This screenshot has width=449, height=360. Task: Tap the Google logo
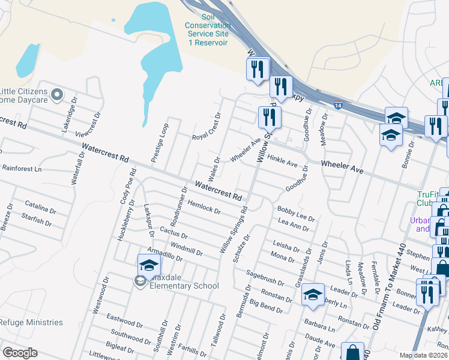click(20, 353)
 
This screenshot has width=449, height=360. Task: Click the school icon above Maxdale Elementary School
click(149, 265)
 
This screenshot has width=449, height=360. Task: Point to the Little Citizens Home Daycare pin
click(57, 94)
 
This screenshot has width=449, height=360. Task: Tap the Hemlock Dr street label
click(205, 207)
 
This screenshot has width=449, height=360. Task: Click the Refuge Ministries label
click(31, 322)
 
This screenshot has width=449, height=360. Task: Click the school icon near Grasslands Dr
click(313, 295)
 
